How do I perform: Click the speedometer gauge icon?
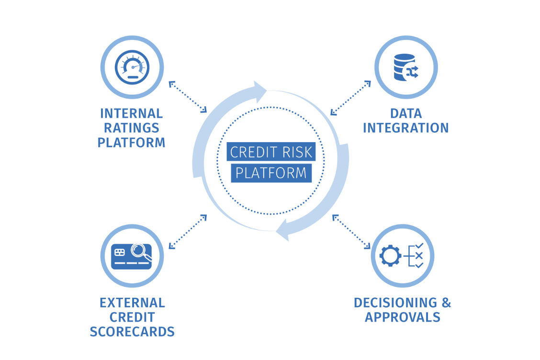[132, 67]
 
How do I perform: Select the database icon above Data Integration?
[405, 67]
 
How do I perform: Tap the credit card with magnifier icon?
[132, 256]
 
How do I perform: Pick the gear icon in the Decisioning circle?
[390, 256]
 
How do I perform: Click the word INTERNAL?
[132, 114]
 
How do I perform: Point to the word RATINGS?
[132, 128]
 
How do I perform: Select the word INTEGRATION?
[405, 128]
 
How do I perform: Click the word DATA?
[405, 114]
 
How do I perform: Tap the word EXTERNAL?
[132, 303]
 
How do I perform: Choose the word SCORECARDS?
[132, 332]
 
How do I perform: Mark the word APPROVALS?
[403, 317]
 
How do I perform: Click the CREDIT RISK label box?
[271, 152]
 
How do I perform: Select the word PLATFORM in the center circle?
[271, 173]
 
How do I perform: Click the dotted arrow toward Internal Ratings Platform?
[188, 97]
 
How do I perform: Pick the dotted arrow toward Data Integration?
[351, 98]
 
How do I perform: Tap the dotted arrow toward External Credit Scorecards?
[188, 232]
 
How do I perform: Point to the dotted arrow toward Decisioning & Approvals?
[351, 232]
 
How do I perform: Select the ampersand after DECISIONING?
[446, 303]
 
